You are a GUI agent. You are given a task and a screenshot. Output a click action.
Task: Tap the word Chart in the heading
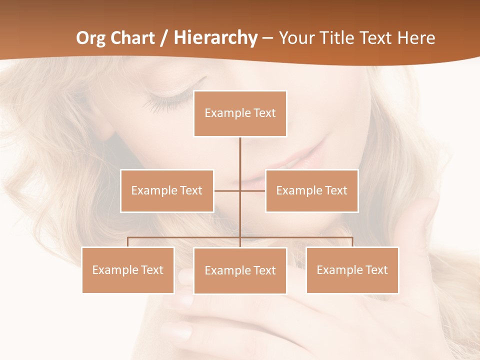tap(134, 38)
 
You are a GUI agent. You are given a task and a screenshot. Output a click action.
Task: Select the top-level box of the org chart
tap(240, 113)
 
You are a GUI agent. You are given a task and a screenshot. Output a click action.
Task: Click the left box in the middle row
tap(167, 190)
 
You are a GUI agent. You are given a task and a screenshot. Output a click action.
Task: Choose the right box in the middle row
tap(311, 190)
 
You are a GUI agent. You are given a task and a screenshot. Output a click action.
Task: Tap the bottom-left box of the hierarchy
tap(128, 270)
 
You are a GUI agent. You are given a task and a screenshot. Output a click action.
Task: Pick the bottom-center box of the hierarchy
tap(240, 270)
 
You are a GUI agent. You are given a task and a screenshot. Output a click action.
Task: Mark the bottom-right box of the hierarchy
tap(352, 270)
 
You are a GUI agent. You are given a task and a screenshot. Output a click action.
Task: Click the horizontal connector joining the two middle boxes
tap(252, 190)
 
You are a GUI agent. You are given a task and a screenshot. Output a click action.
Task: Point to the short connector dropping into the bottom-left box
tap(128, 242)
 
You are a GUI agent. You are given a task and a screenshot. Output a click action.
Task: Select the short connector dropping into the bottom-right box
tap(352, 242)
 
